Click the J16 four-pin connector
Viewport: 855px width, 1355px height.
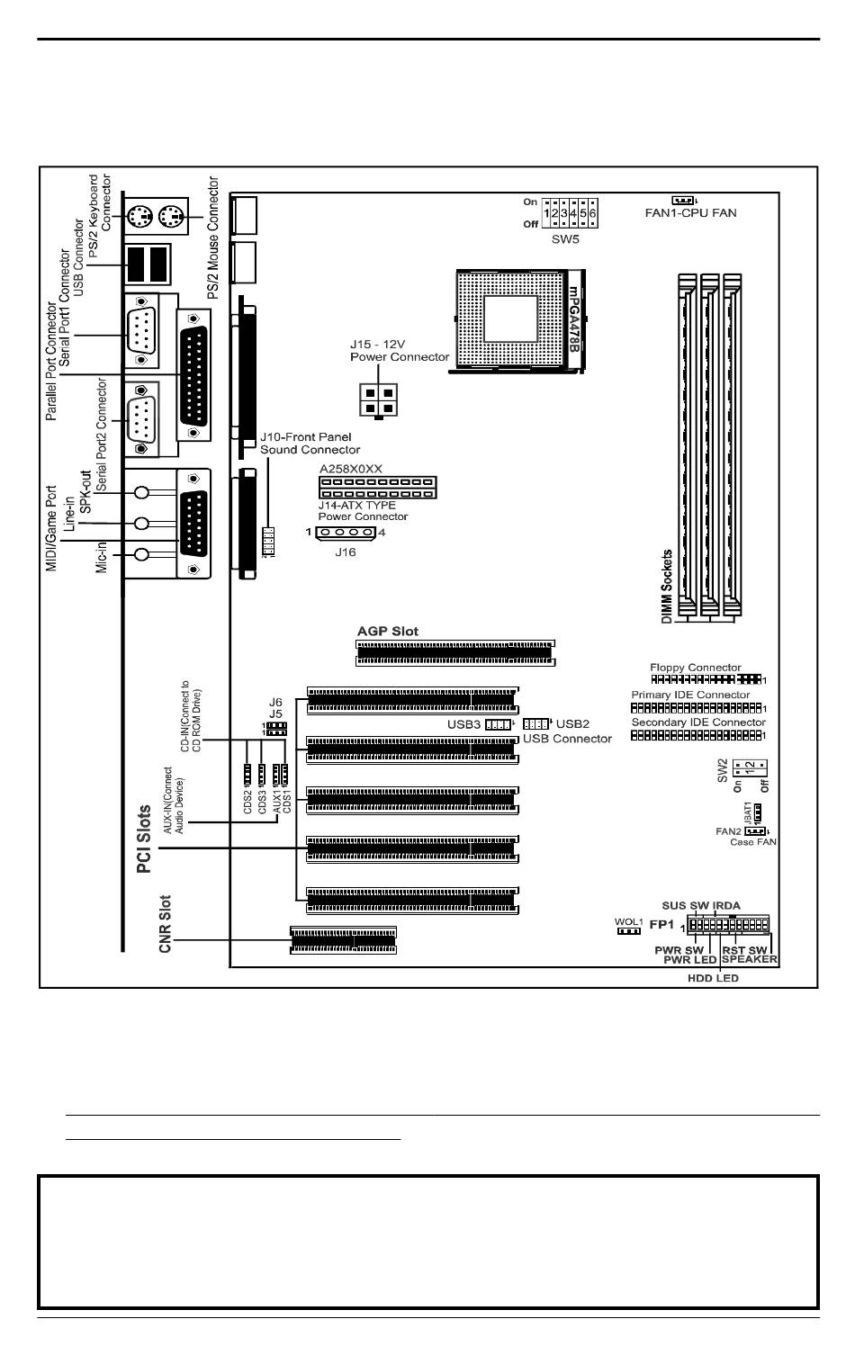pos(345,533)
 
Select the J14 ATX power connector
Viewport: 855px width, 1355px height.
pos(377,487)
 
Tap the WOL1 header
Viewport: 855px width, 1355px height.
pos(627,930)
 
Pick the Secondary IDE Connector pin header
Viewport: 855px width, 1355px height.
pos(697,735)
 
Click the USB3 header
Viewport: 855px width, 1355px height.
pos(498,724)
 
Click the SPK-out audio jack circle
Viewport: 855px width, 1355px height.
pos(141,492)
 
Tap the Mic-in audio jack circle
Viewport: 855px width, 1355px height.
pos(141,555)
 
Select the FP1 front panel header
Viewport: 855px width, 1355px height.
pos(728,925)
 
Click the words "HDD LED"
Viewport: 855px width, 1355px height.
pos(713,978)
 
